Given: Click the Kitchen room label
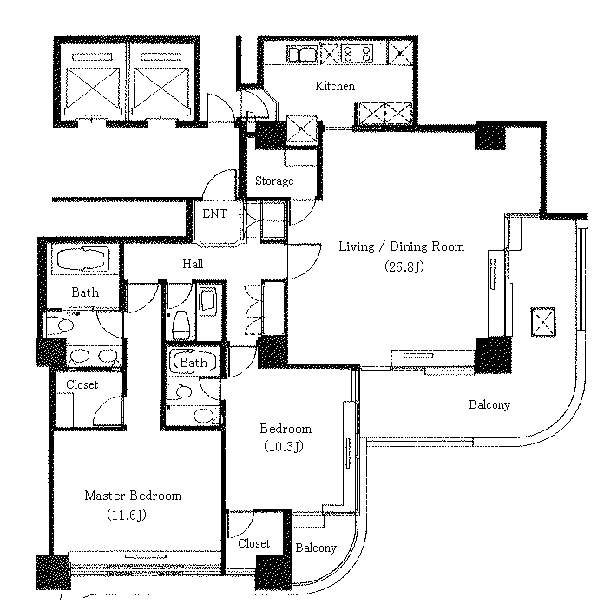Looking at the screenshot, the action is coord(335,86).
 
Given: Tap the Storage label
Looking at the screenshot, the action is coord(274,181).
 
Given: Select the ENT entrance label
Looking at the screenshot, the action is coord(215,213).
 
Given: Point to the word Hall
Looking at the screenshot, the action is coord(193,264).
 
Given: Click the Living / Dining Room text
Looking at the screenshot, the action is coord(402,246).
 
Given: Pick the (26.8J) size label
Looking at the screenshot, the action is coord(404,266).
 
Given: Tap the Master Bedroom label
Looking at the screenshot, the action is coord(133,496).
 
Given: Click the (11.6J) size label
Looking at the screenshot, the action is coord(127,515).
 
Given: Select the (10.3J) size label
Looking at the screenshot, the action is coord(284,446).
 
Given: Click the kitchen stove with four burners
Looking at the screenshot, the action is coord(357,54).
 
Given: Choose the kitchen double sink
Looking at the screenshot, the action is coord(302,54).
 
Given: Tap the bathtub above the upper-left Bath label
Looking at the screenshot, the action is coord(83,259).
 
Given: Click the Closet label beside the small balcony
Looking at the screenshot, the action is coord(254,543).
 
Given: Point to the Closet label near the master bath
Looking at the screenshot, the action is coord(82,384).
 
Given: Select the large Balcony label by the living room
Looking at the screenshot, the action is coord(489,404).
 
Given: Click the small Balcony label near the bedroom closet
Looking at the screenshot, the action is coord(316,548).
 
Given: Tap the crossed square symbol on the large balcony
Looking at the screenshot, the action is coord(543,322).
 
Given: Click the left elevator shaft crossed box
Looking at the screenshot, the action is coord(93,89).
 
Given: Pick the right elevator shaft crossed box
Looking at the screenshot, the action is coord(161,89).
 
